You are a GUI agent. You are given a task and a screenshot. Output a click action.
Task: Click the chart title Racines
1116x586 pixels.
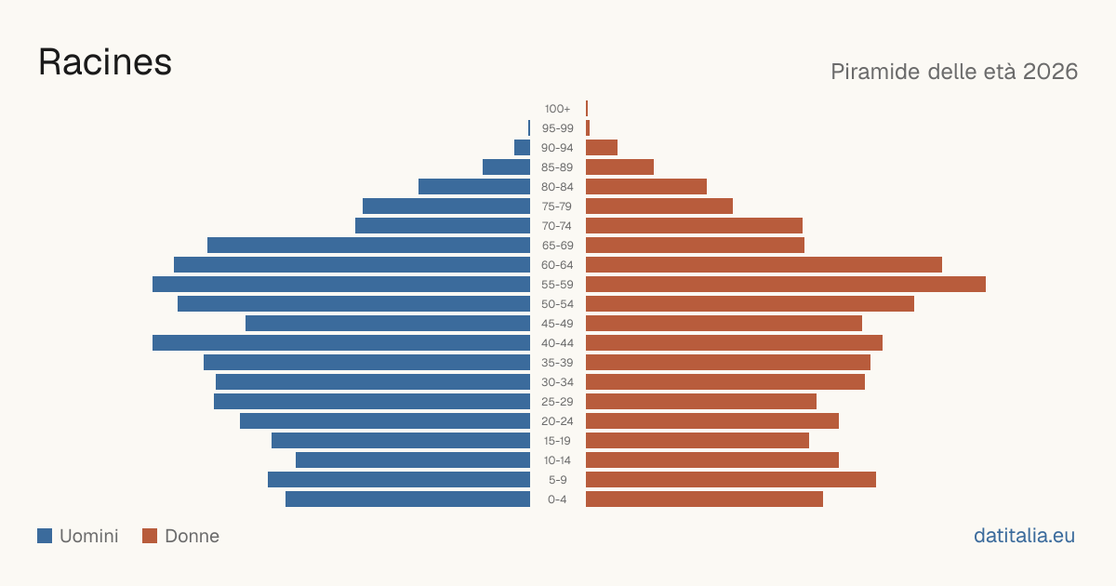pos(105,62)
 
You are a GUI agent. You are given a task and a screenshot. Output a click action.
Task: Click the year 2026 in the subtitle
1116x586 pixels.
pos(1050,72)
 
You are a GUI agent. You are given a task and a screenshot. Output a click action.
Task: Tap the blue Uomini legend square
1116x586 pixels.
pos(45,536)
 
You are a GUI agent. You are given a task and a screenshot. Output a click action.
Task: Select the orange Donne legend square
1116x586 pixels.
pos(150,536)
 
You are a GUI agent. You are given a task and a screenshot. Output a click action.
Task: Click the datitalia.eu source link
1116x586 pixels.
pos(1024,536)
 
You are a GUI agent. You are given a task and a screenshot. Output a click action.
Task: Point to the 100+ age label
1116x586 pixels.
pos(557,109)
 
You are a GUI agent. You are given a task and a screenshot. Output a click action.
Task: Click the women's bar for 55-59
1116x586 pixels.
pos(786,284)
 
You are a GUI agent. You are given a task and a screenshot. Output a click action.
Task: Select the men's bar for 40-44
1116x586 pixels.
pos(341,343)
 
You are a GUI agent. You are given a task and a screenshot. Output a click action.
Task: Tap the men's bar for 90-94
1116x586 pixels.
pos(522,148)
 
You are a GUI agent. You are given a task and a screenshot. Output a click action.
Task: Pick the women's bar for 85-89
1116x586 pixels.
pos(619,166)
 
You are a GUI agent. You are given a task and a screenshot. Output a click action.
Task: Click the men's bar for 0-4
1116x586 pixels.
pos(407,499)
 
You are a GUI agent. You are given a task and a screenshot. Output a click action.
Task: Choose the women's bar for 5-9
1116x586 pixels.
pos(731,479)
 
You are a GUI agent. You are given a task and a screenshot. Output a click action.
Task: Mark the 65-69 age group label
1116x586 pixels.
pos(557,246)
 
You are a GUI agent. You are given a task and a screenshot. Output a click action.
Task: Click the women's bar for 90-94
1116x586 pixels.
pos(602,148)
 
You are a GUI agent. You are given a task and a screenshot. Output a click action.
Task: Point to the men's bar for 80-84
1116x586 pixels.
pos(474,186)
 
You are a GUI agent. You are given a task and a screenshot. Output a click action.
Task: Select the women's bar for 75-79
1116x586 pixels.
pos(659,206)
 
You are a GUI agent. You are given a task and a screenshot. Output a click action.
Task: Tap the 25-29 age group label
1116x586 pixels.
pos(557,402)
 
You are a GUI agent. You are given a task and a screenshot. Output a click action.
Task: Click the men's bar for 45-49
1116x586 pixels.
pos(388,324)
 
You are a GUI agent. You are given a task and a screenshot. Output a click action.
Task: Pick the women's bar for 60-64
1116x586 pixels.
pos(764,264)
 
